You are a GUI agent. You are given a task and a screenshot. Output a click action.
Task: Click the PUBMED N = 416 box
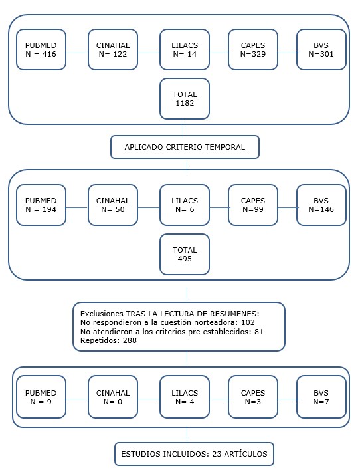point(41,50)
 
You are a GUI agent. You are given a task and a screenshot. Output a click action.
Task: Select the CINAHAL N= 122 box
point(113,50)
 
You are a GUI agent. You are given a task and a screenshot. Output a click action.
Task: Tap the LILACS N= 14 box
point(185,50)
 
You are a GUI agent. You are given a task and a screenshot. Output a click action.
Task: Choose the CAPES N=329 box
point(253,50)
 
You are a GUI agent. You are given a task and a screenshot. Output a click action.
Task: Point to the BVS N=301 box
point(321,50)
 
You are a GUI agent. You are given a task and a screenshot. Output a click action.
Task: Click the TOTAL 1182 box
point(185,99)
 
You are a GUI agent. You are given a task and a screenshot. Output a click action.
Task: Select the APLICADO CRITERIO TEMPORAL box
point(185,147)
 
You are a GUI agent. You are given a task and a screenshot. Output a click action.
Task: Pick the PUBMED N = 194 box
point(41,205)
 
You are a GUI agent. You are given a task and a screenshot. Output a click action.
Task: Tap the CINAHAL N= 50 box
point(113,205)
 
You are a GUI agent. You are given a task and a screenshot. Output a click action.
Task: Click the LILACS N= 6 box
point(185,205)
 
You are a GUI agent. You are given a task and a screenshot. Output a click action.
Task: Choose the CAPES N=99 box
point(253,205)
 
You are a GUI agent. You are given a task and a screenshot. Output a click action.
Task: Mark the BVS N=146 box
point(321,205)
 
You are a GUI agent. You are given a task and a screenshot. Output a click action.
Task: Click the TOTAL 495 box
point(185,254)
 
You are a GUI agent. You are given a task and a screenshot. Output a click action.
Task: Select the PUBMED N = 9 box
point(41,398)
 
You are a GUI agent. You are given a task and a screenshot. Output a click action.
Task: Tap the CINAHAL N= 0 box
point(113,398)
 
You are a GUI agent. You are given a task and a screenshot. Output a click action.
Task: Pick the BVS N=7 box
point(321,398)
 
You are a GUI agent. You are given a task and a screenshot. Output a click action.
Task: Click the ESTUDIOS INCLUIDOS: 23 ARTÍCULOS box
point(193,454)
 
